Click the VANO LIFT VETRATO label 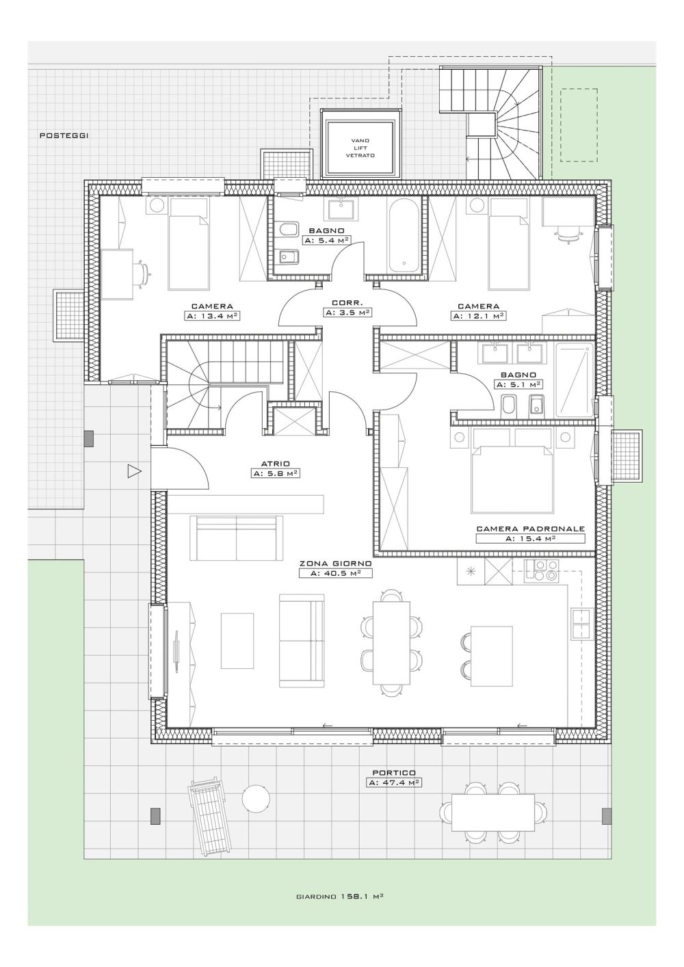360,148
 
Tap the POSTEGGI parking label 64,135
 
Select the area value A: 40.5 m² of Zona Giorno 336,573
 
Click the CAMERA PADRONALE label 530,529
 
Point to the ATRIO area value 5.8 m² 275,473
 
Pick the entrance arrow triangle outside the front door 135,471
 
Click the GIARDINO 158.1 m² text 340,908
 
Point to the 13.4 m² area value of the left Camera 212,315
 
